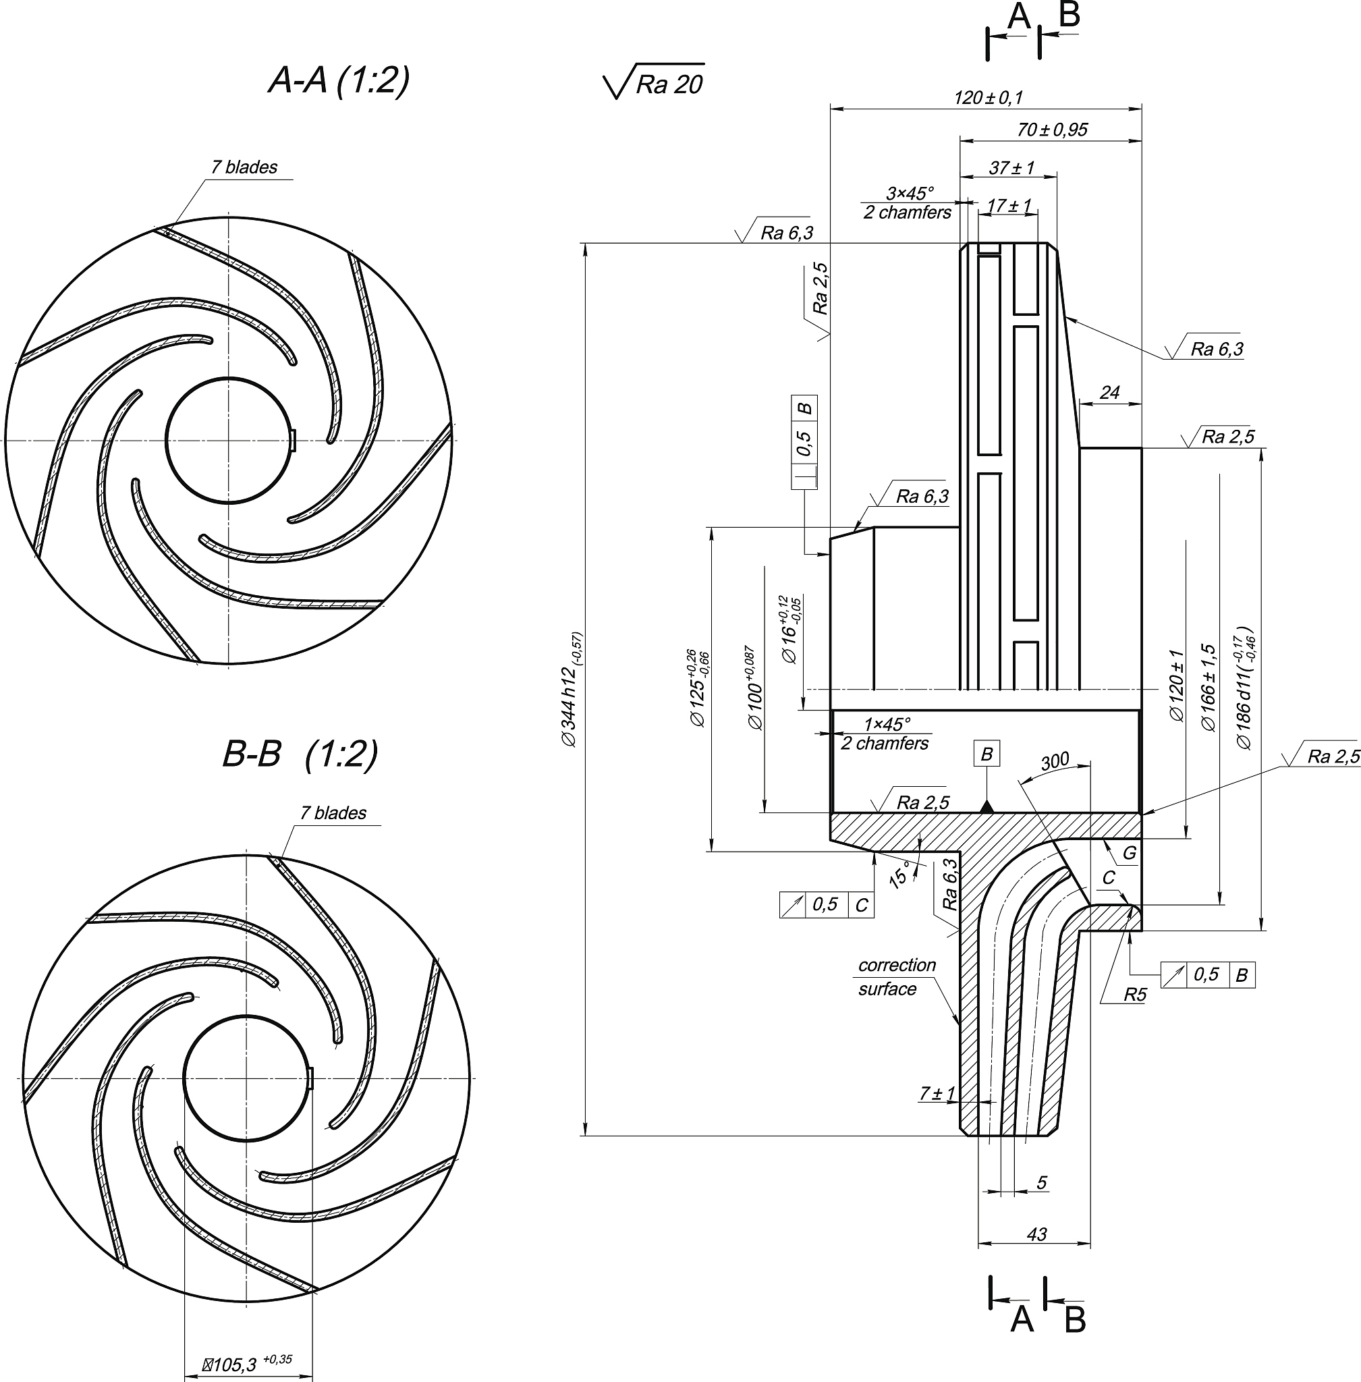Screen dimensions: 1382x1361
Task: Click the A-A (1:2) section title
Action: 339,80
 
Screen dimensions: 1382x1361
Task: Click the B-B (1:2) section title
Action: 300,754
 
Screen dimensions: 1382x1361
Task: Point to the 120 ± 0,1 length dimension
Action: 988,97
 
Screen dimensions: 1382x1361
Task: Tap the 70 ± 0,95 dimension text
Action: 1052,130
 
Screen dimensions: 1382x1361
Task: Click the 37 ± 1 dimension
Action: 1011,167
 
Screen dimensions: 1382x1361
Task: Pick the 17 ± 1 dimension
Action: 1009,206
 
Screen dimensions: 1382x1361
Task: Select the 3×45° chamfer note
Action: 908,202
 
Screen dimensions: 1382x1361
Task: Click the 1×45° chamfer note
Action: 886,734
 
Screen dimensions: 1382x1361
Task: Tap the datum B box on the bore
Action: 987,754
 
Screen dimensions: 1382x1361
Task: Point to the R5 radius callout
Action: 1134,995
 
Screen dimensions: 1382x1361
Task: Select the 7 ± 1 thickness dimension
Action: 937,1093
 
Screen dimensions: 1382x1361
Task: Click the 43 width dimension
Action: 1036,1234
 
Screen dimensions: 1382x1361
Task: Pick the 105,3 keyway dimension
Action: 246,1364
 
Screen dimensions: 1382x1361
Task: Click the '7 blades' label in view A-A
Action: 244,167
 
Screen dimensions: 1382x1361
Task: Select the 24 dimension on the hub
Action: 1109,392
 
